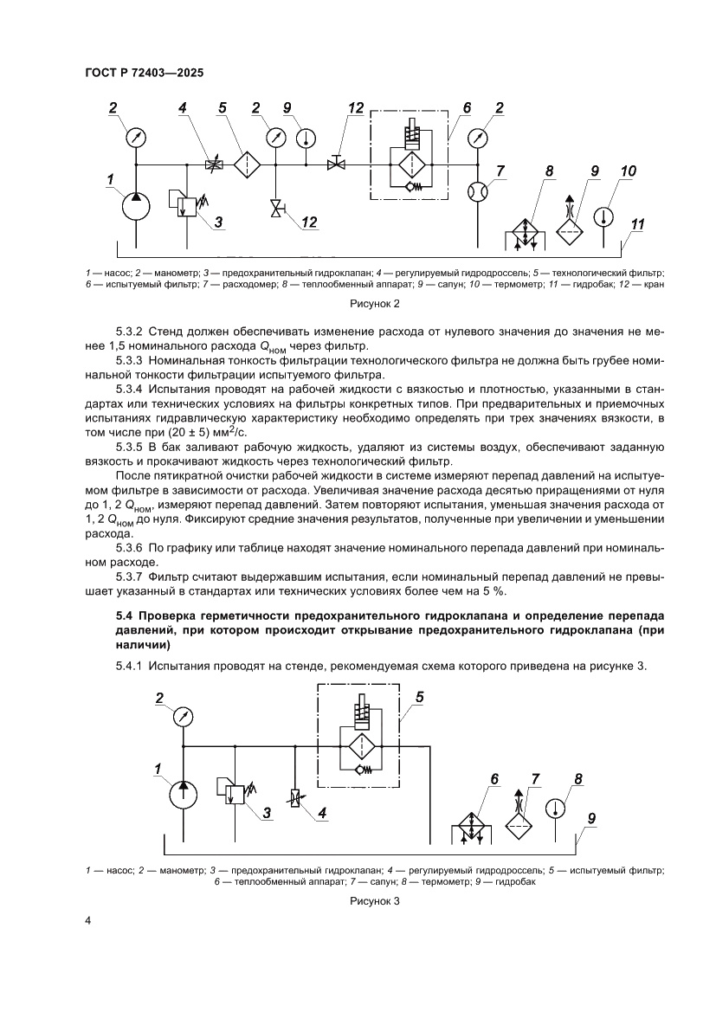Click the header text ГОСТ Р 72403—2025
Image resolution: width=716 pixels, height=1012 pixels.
pos(145,74)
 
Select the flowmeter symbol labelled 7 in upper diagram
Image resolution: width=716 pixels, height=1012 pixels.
pos(478,191)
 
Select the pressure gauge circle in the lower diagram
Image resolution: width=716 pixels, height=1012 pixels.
pos(182,718)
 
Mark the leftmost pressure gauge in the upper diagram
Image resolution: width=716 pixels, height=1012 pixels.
pos(136,137)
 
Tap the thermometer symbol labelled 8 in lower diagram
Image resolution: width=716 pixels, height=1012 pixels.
pos(556,808)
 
